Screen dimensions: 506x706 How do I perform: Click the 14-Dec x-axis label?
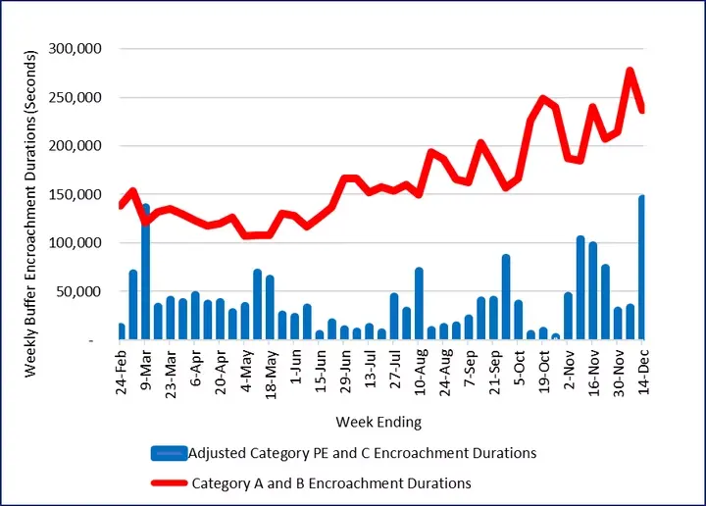coord(642,372)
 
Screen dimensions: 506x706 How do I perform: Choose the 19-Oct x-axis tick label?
coord(543,372)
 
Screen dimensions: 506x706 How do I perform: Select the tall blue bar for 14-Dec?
coord(642,268)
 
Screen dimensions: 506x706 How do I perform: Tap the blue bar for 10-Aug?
coord(419,304)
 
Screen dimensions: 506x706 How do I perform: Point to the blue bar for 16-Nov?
coord(592,291)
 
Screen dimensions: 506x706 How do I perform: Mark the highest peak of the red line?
coord(630,71)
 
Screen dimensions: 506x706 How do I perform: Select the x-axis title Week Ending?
coord(378,423)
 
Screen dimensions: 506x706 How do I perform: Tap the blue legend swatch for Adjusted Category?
coord(170,453)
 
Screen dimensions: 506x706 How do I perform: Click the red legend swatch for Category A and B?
coord(170,482)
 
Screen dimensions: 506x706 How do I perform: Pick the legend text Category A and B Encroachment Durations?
coord(331,482)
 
